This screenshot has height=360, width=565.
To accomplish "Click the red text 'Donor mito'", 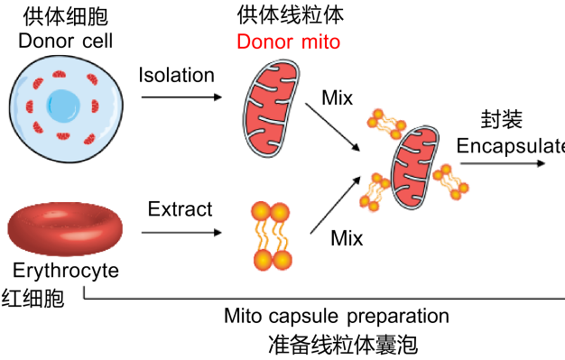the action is click(x=288, y=42).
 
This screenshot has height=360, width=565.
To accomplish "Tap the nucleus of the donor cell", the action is click(x=63, y=106).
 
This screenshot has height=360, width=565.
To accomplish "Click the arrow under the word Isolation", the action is click(x=181, y=97).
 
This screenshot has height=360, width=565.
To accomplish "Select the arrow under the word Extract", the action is click(x=181, y=233).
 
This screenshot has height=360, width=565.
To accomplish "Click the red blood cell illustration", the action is click(x=65, y=228).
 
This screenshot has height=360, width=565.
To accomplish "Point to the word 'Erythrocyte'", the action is click(x=66, y=271).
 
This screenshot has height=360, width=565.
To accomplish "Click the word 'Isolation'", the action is click(x=177, y=75).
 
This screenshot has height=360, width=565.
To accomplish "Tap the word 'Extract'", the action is click(x=181, y=209).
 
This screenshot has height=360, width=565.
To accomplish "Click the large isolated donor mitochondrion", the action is click(x=271, y=108).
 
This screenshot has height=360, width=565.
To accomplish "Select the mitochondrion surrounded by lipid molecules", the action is click(x=415, y=168).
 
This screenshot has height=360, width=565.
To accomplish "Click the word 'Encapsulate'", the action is click(x=511, y=147).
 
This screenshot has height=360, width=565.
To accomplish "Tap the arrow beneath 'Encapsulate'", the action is click(x=503, y=163).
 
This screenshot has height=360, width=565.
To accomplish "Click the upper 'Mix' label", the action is click(x=337, y=98).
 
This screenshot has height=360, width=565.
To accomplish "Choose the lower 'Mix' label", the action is click(x=347, y=238).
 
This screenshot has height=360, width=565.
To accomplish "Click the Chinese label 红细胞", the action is click(x=32, y=298).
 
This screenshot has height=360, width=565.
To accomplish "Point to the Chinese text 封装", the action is click(x=501, y=119).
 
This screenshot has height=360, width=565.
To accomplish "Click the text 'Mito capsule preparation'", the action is click(x=337, y=316).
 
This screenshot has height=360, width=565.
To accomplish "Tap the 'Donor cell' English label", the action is click(x=66, y=41).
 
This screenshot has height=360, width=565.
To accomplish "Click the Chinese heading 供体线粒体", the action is click(x=291, y=15).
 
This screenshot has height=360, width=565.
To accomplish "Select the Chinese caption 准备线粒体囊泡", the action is click(x=343, y=345).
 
